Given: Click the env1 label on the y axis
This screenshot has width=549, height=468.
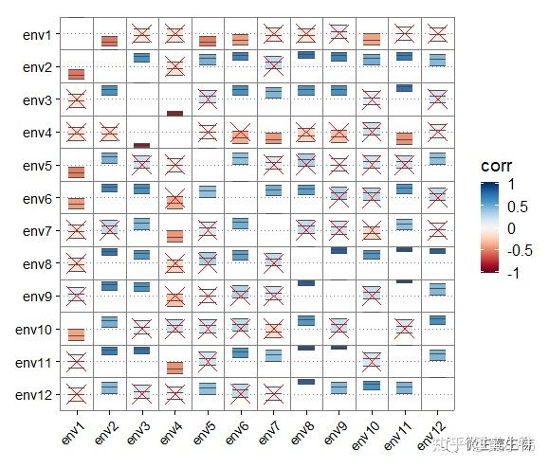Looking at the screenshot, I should pyautogui.click(x=39, y=35).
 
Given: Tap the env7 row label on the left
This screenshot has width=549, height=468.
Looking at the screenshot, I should pyautogui.click(x=39, y=231).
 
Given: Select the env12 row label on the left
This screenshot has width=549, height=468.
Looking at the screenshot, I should pyautogui.click(x=36, y=394).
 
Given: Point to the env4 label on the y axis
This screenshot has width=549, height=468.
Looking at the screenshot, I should pyautogui.click(x=39, y=134).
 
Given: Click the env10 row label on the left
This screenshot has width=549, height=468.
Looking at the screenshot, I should pyautogui.click(x=36, y=330).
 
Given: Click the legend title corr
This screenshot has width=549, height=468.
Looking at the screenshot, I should pyautogui.click(x=497, y=165).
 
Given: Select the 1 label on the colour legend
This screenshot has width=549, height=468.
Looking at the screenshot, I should pyautogui.click(x=513, y=185).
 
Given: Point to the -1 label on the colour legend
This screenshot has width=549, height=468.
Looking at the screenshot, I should pyautogui.click(x=516, y=273).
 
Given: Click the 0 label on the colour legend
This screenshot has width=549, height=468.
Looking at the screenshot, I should pyautogui.click(x=513, y=228).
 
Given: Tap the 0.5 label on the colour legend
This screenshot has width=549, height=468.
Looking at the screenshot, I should pyautogui.click(x=518, y=207).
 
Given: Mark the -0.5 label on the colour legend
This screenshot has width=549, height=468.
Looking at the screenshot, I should pyautogui.click(x=521, y=251).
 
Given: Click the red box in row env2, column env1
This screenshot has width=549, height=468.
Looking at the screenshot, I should pyautogui.click(x=77, y=74).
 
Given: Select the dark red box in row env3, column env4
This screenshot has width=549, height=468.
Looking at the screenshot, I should pyautogui.click(x=174, y=113).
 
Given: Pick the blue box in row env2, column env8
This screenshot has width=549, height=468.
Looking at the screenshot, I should pyautogui.click(x=305, y=55).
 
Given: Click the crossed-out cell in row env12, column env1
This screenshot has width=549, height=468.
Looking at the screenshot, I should pyautogui.click(x=77, y=394).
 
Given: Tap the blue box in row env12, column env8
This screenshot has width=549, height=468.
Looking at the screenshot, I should pyautogui.click(x=305, y=382).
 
